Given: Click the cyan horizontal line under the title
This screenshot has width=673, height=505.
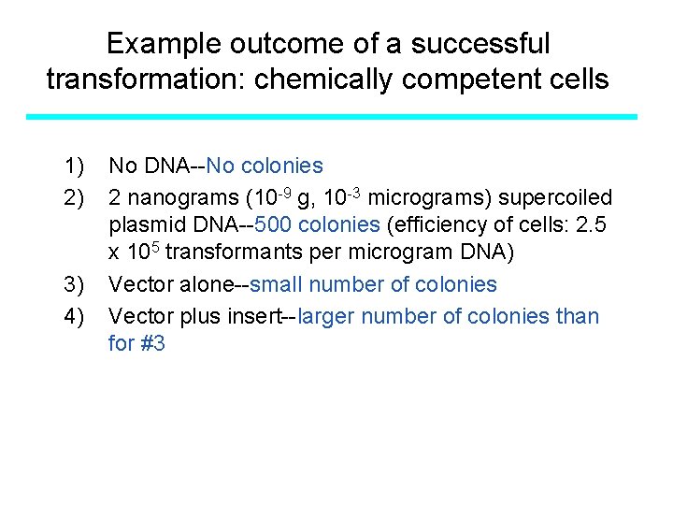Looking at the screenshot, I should coord(332,117).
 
